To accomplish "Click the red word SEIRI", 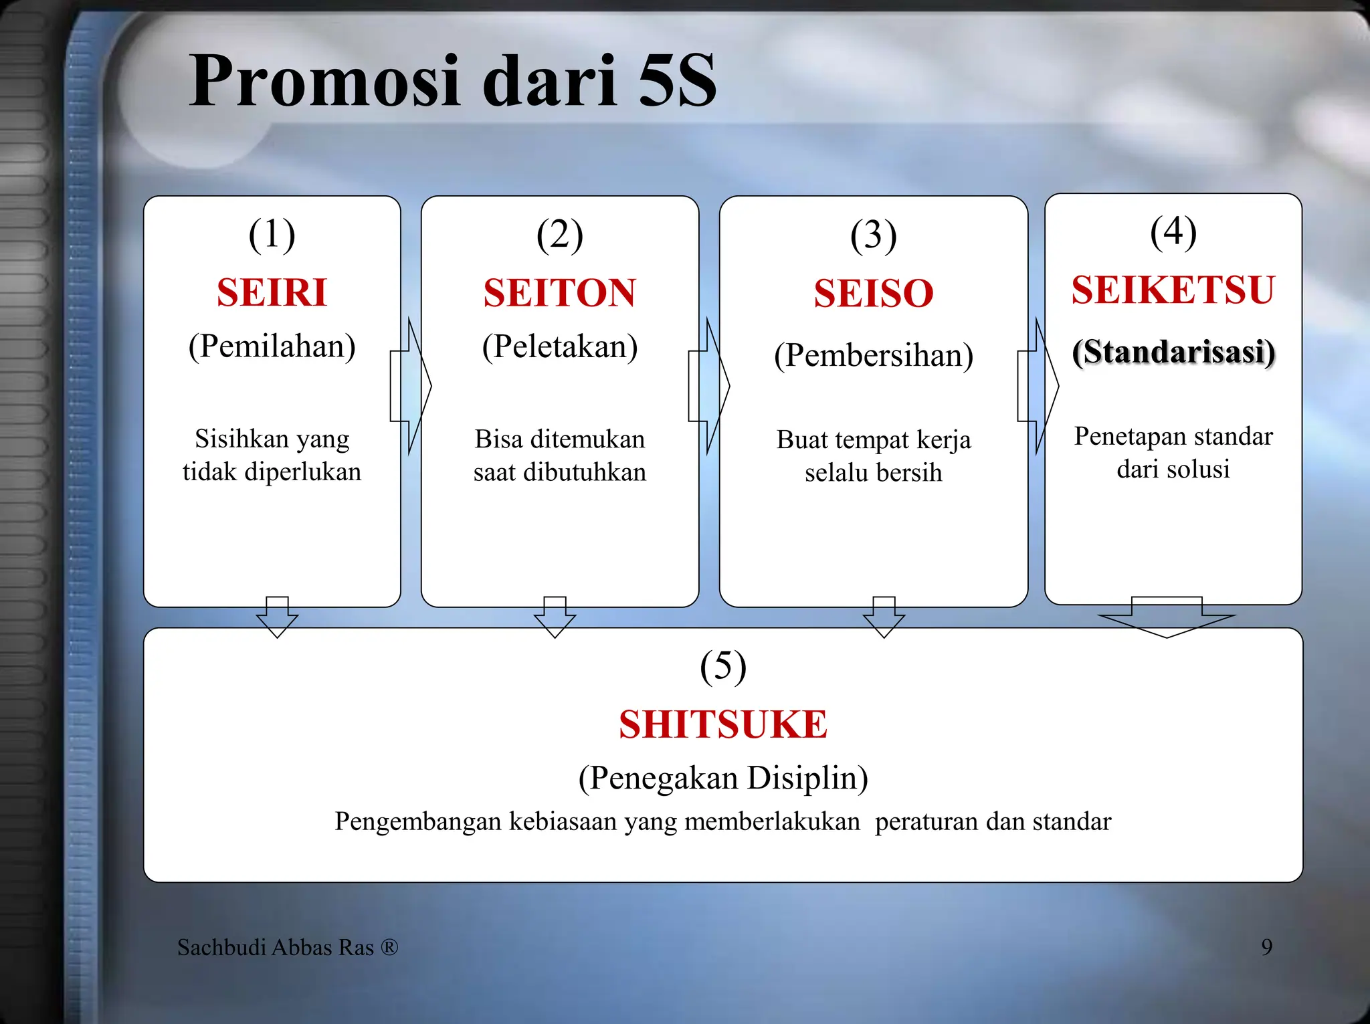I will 272,293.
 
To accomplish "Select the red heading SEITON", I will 559,293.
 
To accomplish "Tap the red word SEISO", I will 873,294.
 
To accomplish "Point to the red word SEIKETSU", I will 1173,290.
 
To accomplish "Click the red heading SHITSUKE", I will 722,724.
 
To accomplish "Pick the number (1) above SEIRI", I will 272,235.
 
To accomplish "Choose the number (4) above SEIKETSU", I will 1173,232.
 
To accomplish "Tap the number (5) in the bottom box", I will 722,666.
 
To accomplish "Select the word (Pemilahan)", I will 272,346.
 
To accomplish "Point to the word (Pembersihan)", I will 873,355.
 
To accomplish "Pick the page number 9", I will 1266,947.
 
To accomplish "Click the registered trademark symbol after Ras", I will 389,947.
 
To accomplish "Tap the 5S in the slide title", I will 677,82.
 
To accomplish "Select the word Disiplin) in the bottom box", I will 807,779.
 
